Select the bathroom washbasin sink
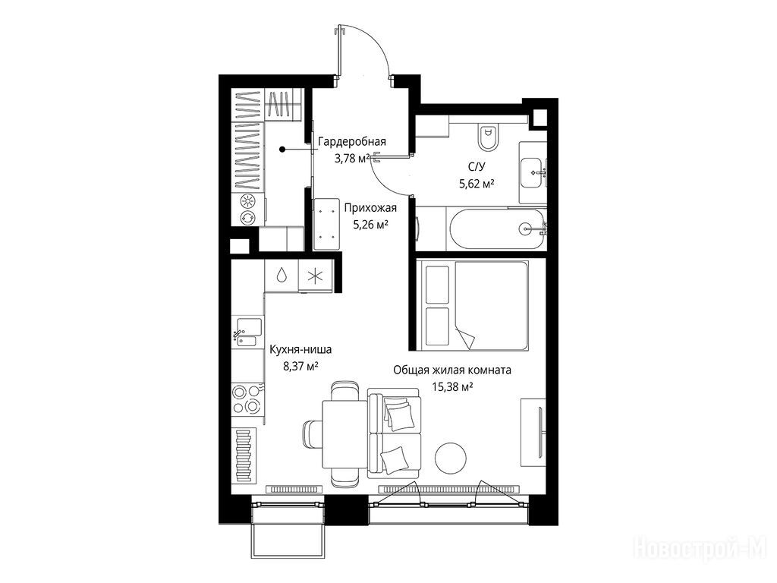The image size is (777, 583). coord(532,173)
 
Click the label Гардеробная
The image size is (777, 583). coord(352,142)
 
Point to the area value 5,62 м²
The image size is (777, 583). coord(477,184)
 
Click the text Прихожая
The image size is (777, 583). coord(370,208)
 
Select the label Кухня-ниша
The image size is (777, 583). coord(300,349)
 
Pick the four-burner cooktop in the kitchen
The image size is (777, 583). coord(247,399)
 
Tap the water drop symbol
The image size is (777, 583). coord(281,275)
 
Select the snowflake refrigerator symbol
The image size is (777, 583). coord(315,276)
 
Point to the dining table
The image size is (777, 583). coord(344,435)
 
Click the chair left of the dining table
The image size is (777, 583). coord(312,433)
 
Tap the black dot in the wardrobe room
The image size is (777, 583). coord(282,149)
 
